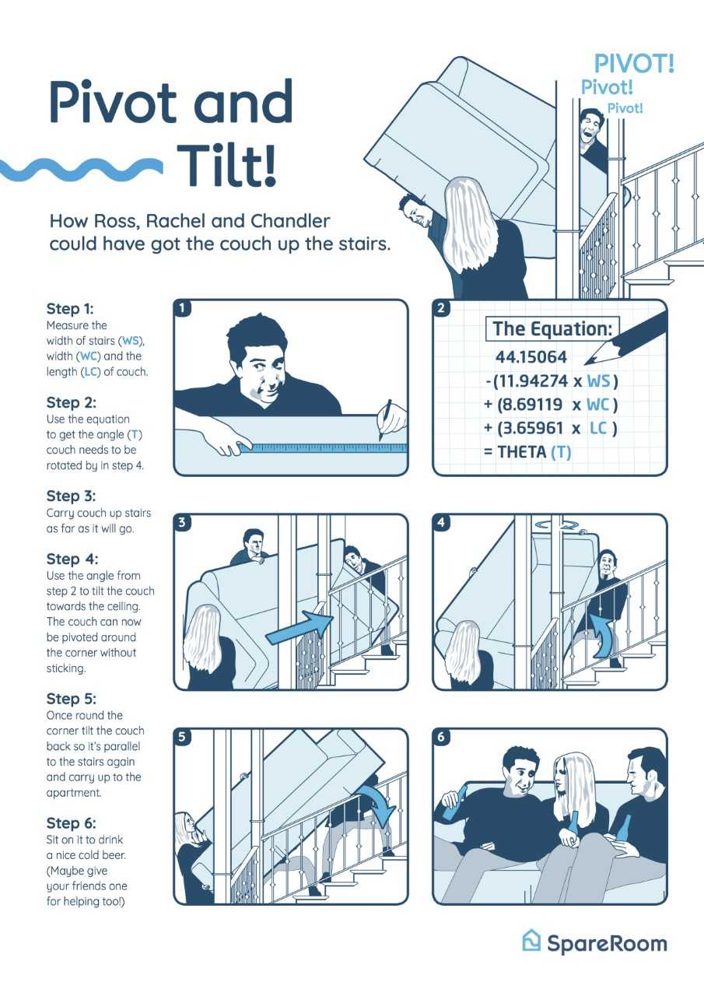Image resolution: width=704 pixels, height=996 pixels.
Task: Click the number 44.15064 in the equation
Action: (531, 356)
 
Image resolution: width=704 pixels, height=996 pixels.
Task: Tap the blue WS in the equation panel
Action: (599, 381)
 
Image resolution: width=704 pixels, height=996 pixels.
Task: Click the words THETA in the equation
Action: (522, 452)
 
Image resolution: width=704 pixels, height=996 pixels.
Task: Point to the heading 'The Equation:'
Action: (552, 328)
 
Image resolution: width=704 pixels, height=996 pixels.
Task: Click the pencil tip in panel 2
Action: (587, 363)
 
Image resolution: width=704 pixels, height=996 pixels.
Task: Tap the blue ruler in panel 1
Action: (323, 447)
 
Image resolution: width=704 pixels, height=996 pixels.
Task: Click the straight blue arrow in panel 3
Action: (300, 627)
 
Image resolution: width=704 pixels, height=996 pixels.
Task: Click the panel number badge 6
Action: (441, 737)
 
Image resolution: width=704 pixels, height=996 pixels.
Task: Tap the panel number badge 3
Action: (181, 522)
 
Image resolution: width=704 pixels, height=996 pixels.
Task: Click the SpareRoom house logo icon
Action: (531, 941)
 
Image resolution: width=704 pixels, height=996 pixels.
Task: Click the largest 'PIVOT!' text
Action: (634, 64)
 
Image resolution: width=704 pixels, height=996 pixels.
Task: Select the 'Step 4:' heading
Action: (72, 559)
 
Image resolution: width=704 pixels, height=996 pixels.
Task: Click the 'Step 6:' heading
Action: (71, 823)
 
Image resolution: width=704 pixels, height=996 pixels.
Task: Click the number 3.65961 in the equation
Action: (532, 428)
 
